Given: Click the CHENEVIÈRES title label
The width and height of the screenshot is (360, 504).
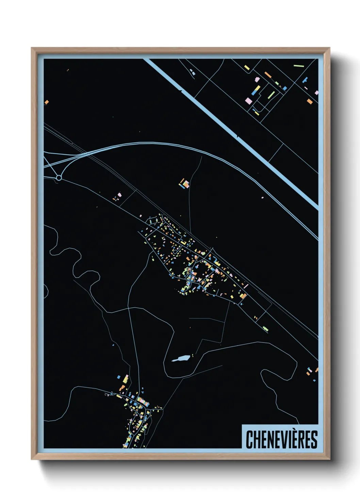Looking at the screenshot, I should [x=281, y=439].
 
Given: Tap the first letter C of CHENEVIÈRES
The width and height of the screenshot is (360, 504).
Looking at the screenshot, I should [x=249, y=440].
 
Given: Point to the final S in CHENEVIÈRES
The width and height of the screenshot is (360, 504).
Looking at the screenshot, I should [x=314, y=440].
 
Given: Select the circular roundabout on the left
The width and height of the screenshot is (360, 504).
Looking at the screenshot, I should [x=59, y=178].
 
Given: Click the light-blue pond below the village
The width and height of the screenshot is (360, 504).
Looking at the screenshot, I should [x=180, y=359].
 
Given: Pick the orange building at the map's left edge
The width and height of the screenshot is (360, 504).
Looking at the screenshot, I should [x=47, y=102].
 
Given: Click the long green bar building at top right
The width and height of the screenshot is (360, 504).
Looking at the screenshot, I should [x=298, y=65].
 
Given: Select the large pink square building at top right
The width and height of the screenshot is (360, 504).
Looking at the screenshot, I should [x=249, y=100].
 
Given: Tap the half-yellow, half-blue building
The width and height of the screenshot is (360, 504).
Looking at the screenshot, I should [x=256, y=90].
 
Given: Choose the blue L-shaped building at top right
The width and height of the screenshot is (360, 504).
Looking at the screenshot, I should [x=305, y=80].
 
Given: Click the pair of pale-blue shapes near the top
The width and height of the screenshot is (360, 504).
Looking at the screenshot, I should [x=193, y=72].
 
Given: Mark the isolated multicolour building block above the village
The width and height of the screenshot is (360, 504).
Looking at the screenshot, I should [x=184, y=184].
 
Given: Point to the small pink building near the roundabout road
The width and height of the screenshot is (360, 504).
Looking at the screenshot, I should [x=119, y=195].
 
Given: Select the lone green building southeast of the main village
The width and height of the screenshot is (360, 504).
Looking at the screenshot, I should [x=265, y=329].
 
